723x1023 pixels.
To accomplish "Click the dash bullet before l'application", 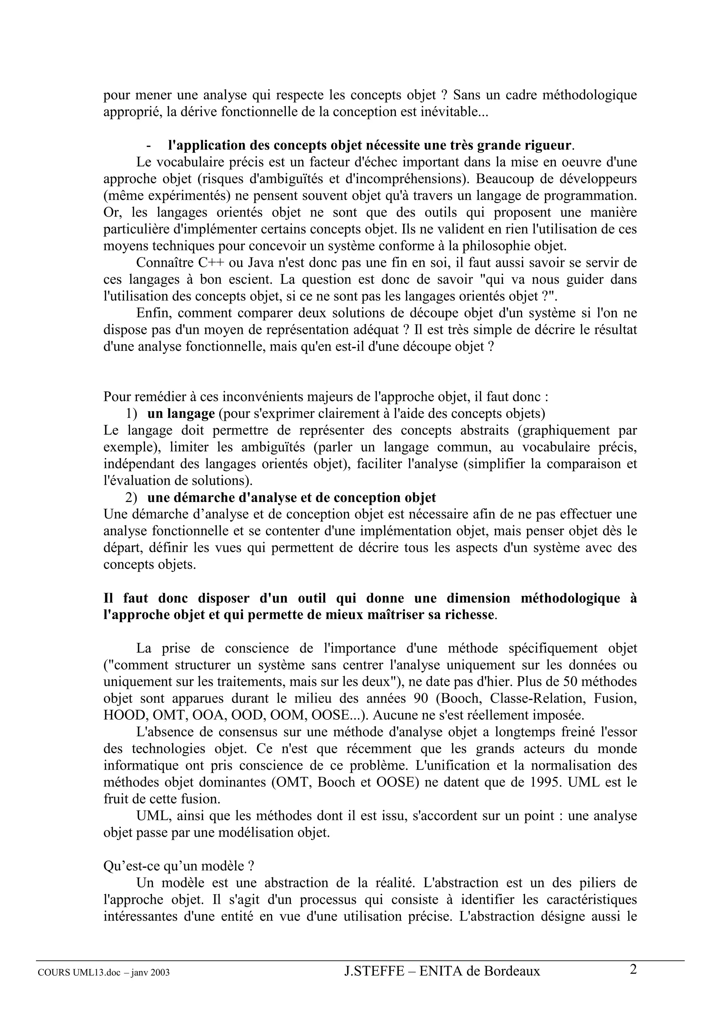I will pyautogui.click(x=148, y=146).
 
